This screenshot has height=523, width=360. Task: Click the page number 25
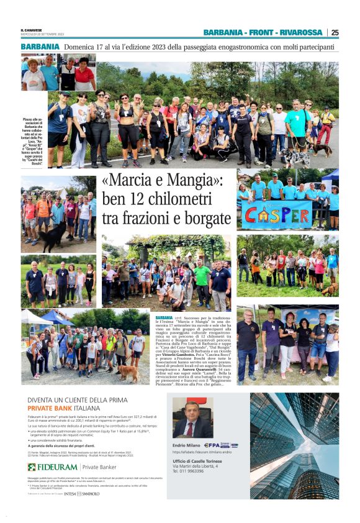click(x=335, y=33)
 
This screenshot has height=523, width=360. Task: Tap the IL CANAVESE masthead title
click(x=31, y=30)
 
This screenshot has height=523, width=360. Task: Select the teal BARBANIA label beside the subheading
click(x=40, y=47)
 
